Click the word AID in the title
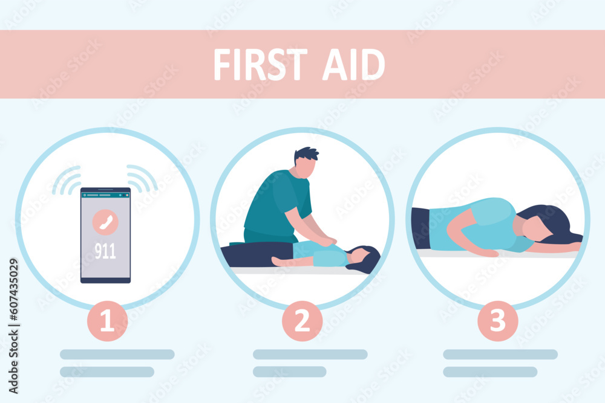[353, 65]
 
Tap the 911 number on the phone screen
[105, 251]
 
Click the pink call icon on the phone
[105, 222]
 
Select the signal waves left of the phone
[67, 179]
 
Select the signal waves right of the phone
[143, 178]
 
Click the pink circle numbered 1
[107, 321]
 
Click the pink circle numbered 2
[302, 321]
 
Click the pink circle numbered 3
[497, 321]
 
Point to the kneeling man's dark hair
[306, 154]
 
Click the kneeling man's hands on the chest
[327, 241]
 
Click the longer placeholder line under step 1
[117, 354]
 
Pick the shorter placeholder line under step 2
[289, 372]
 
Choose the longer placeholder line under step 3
[500, 354]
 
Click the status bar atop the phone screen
[105, 195]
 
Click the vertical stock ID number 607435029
[13, 300]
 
